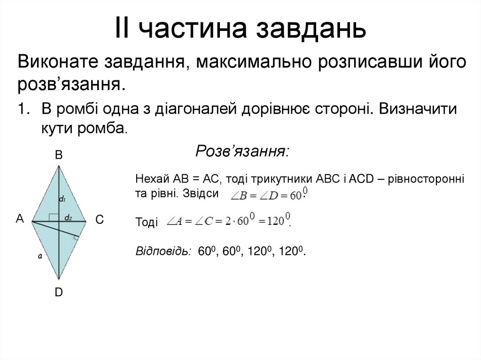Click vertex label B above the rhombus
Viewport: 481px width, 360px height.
59,155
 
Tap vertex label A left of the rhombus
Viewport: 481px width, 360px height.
20,218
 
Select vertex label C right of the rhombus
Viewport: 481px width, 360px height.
99,219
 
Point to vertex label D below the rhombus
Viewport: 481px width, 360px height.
59,292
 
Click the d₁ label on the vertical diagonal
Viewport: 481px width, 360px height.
62,199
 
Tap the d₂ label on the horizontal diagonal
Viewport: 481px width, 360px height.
69,217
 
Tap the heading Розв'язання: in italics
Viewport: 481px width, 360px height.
242,152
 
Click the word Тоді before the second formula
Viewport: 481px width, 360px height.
146,223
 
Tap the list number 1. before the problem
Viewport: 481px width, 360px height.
24,109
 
